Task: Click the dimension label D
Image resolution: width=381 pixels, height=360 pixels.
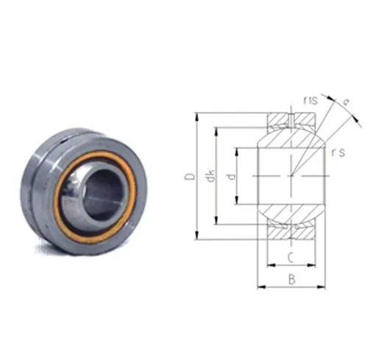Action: coord(190,176)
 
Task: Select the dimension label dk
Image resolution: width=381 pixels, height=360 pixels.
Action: coord(210,176)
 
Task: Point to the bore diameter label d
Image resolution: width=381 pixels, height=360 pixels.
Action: coord(231,176)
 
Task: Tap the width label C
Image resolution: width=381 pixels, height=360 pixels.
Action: coord(291,258)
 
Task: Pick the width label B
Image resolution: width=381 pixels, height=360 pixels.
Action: coord(291,280)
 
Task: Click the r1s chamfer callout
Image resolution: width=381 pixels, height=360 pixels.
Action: coord(310,100)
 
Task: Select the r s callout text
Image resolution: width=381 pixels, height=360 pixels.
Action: coord(338,152)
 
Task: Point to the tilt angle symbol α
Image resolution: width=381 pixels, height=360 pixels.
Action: coord(346,102)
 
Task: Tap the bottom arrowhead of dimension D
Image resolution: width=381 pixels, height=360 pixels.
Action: coord(196,236)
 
